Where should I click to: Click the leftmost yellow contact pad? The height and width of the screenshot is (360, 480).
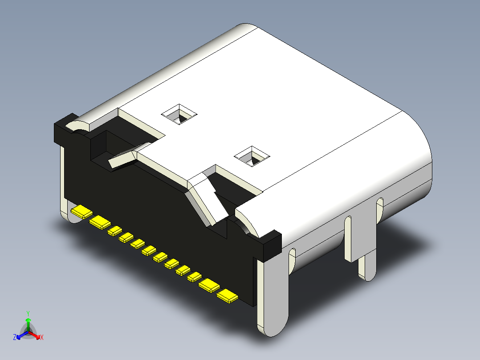(81, 212)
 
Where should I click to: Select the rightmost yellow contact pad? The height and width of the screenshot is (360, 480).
(228, 296)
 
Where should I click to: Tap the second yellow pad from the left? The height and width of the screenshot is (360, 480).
(100, 222)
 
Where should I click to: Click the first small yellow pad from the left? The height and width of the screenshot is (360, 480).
(115, 230)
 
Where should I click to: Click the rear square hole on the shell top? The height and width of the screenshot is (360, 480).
(180, 115)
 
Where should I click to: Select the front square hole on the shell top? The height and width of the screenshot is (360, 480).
(252, 156)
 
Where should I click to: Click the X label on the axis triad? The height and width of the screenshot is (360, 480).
(42, 338)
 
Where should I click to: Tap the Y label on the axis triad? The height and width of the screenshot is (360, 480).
(28, 313)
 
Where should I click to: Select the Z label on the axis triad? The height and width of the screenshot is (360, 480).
(15, 338)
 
